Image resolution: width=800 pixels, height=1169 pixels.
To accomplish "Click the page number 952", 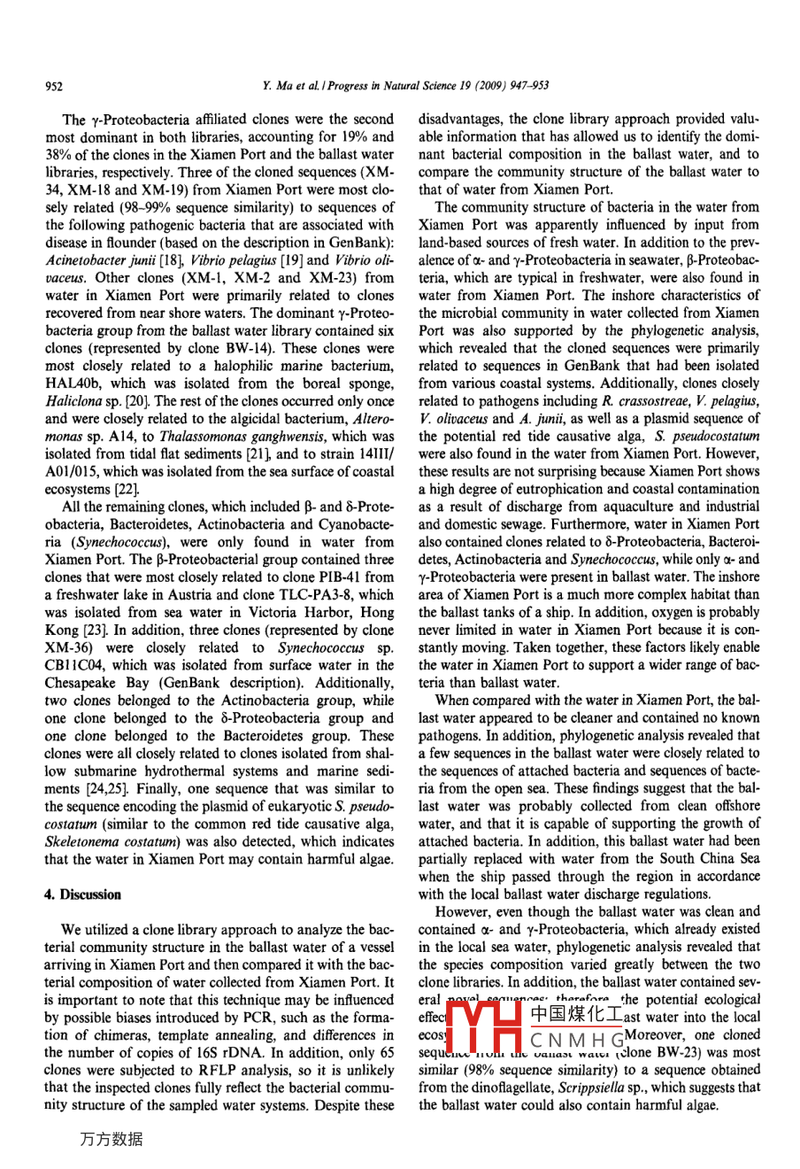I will [x=54, y=86].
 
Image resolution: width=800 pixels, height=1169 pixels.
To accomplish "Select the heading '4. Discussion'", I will [x=83, y=894].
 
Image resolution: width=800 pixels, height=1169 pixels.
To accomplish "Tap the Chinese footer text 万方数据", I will [x=111, y=1140].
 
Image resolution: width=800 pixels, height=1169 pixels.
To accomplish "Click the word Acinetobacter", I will [x=87, y=259].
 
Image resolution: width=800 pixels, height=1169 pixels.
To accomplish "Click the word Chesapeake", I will [x=87, y=683].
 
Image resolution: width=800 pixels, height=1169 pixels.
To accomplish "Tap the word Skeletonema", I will [x=81, y=841].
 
